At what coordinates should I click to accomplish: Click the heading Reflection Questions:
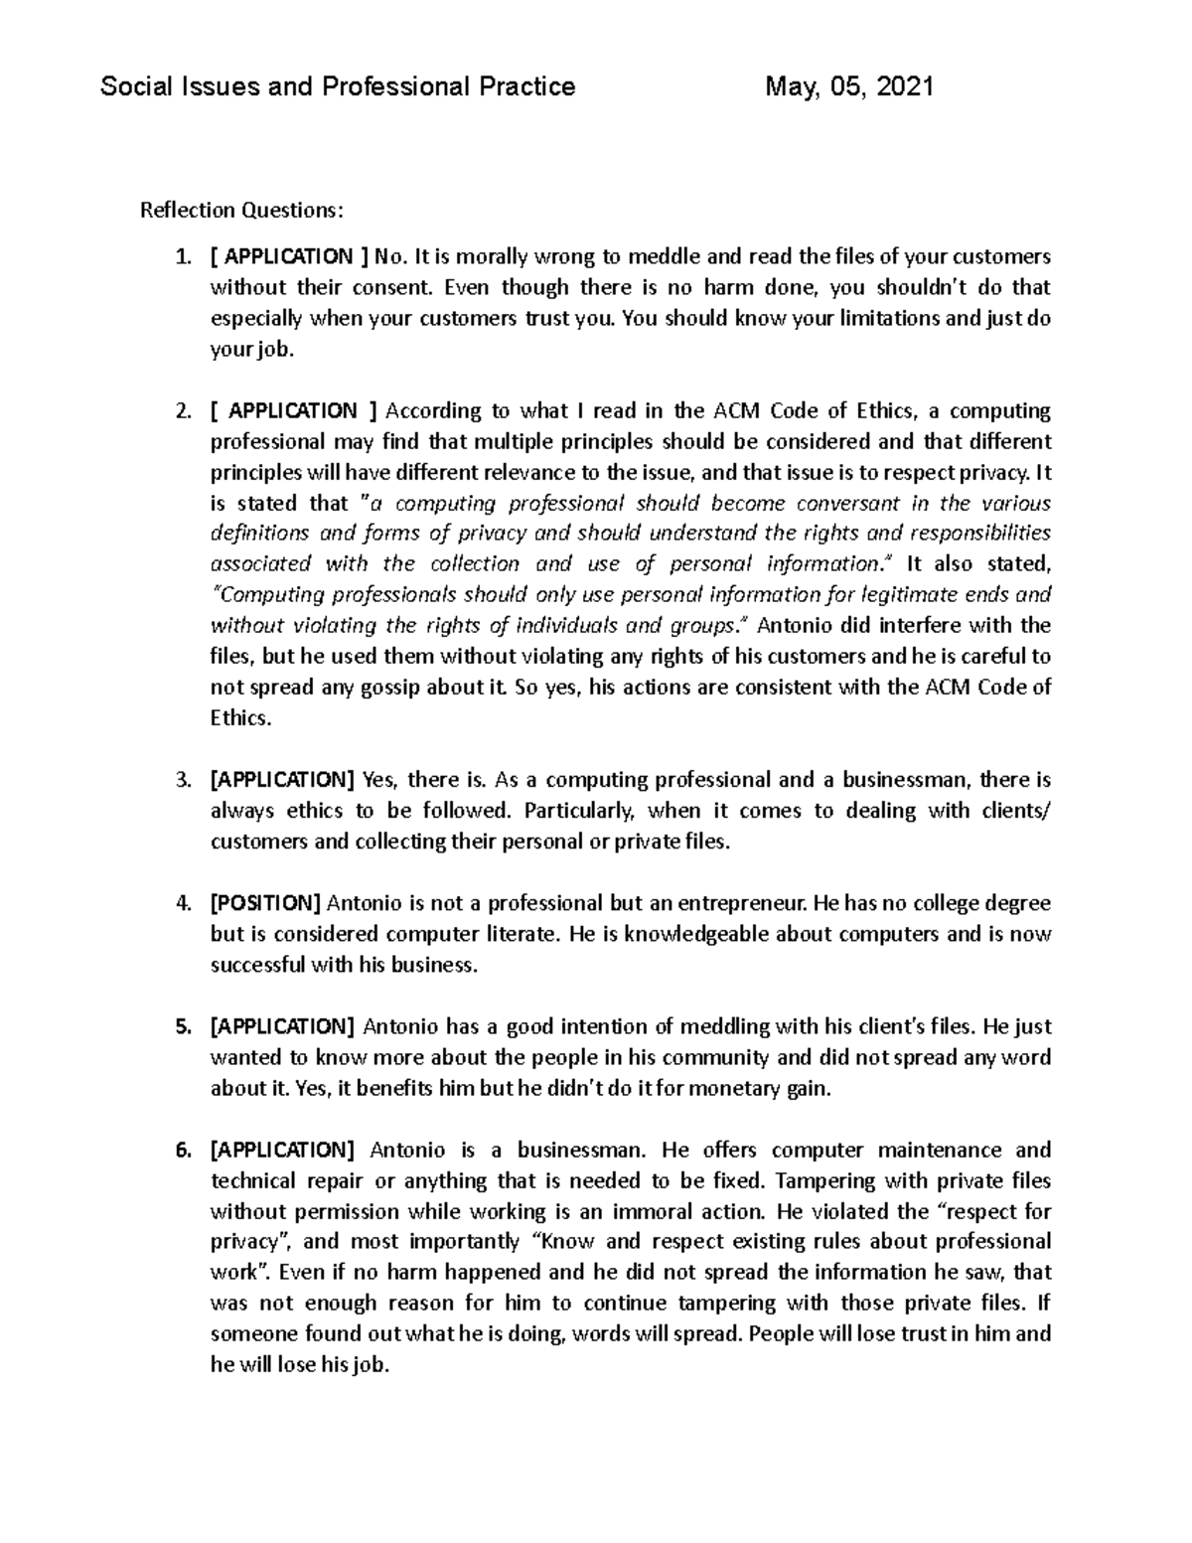242,211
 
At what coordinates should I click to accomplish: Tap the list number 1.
182,257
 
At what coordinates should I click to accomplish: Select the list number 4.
182,904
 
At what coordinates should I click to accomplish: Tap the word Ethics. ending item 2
240,718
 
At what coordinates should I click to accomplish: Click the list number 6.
182,1151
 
